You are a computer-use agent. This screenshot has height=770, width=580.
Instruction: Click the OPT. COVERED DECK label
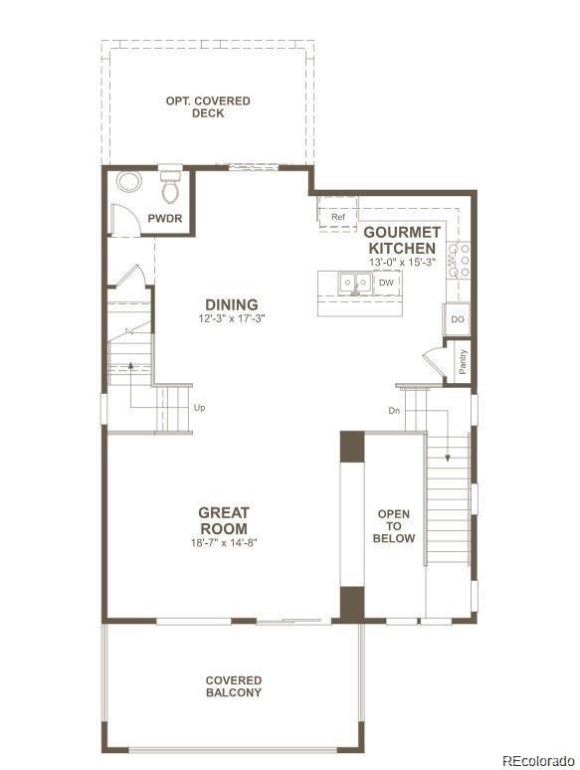tap(207, 106)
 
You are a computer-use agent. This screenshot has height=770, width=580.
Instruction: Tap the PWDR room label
tap(164, 219)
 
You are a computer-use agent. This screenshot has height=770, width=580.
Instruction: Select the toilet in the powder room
tap(170, 185)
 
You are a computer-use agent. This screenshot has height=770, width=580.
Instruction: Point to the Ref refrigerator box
tap(337, 217)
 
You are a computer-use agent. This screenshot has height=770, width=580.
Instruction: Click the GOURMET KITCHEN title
tap(401, 239)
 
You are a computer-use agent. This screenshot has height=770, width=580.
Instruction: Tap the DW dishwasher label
tap(387, 284)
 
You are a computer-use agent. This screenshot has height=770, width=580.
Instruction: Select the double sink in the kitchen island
tap(351, 284)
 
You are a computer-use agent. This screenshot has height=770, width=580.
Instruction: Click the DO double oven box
tap(457, 319)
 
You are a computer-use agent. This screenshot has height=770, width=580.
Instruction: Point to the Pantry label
tap(463, 360)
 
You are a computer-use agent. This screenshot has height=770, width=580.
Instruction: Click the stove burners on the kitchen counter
tap(459, 260)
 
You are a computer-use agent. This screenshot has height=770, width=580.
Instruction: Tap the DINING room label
tap(231, 304)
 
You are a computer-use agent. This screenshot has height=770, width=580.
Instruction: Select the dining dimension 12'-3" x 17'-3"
tap(231, 318)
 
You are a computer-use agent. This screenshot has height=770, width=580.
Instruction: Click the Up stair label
tap(200, 408)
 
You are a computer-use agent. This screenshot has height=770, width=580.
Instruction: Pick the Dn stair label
tap(394, 410)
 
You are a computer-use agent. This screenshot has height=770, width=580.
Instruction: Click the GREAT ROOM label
tap(224, 520)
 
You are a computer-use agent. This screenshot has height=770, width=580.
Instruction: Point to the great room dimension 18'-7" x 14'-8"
tap(224, 543)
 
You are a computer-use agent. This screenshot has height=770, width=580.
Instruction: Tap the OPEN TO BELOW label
tap(394, 526)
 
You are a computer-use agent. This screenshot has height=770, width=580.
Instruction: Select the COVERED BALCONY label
tap(234, 686)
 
